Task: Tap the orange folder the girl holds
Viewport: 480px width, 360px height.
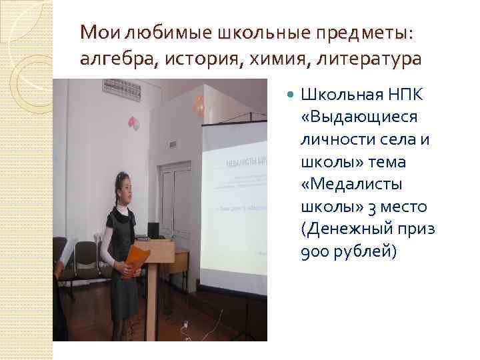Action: (x=138, y=258)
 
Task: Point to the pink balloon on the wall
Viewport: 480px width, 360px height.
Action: (x=133, y=123)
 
